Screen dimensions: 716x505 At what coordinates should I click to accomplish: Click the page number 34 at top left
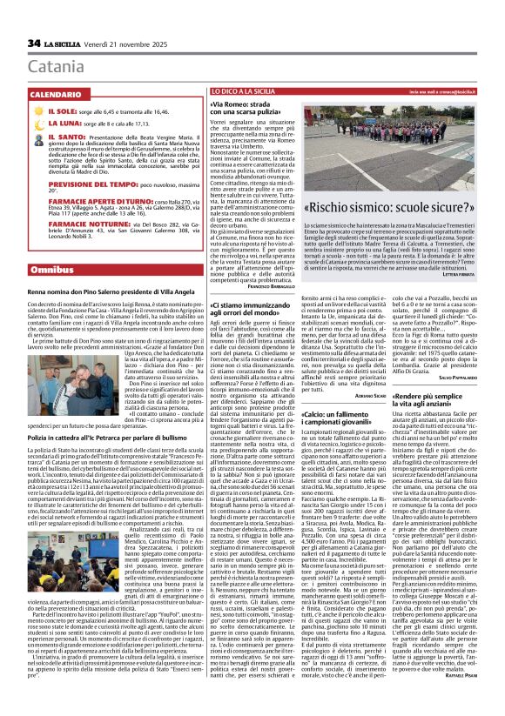pyautogui.click(x=35, y=43)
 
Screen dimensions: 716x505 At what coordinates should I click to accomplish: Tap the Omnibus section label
pyautogui.click(x=51, y=271)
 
